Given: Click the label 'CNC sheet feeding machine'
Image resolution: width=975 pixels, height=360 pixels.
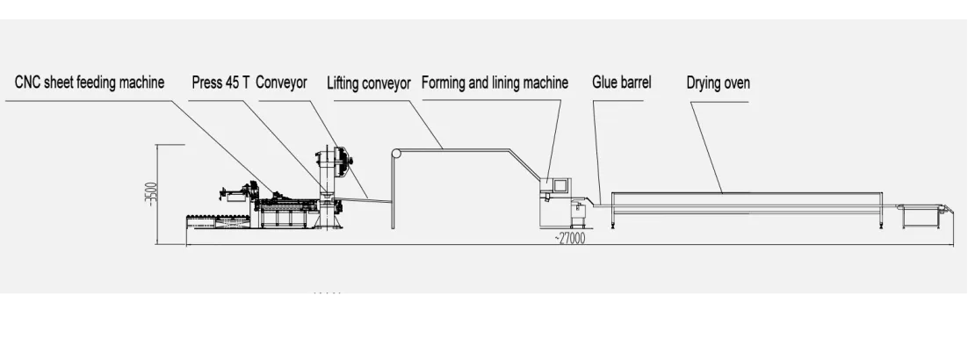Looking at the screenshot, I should click(90, 83).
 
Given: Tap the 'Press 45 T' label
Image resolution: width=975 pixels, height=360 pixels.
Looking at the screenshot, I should click(221, 83).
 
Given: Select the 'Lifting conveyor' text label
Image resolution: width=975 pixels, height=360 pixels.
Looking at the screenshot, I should click(369, 83).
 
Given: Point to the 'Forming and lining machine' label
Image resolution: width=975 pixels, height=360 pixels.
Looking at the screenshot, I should click(495, 83).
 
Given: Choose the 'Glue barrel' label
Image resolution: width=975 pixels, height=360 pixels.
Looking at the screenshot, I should click(622, 83).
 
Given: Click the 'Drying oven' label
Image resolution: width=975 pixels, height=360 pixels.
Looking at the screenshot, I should click(719, 83).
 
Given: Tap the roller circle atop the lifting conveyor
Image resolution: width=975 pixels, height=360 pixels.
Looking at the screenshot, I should click(396, 155).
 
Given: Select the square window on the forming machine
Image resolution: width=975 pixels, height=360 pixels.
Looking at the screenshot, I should click(558, 185).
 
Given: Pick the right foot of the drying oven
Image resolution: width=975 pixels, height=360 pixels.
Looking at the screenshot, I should click(880, 224).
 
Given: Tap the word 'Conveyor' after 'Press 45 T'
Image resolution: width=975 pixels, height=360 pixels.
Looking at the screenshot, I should click(281, 83).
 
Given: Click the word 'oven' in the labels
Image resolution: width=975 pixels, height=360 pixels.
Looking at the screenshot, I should click(736, 83).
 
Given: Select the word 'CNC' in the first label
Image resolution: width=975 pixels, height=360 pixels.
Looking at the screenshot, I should click(28, 83).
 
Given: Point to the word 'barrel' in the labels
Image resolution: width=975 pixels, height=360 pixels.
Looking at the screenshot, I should click(634, 83).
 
